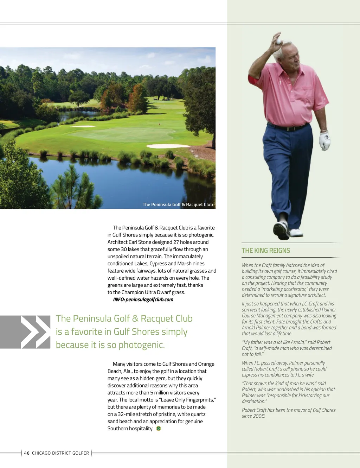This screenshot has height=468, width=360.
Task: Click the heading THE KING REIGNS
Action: (265, 251)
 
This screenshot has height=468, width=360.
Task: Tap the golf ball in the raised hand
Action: (279, 41)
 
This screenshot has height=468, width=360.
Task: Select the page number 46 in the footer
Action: (27, 453)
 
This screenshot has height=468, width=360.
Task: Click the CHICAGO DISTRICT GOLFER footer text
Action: (60, 453)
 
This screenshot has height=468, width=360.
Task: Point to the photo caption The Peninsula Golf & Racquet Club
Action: (178, 204)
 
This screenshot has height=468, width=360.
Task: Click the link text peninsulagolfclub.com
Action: (149, 299)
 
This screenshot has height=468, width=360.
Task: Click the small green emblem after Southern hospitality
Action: (159, 428)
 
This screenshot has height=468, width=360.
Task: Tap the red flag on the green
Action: (159, 124)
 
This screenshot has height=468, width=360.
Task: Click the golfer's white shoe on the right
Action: (296, 232)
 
